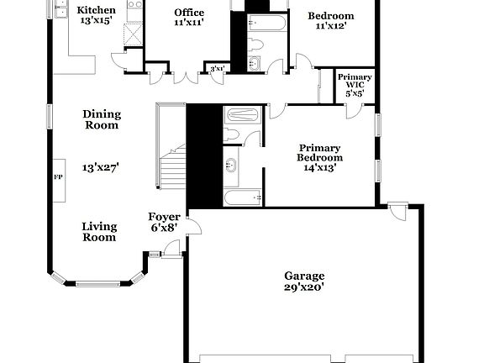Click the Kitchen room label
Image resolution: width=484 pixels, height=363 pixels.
click(x=96, y=10)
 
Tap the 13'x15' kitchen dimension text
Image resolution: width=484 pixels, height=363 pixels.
click(x=96, y=21)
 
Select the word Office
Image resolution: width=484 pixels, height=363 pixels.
click(x=189, y=13)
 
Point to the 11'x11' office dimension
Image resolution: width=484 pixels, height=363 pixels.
click(x=189, y=24)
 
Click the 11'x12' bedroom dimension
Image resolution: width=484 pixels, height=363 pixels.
click(x=330, y=27)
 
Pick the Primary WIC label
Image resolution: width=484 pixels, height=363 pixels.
click(x=355, y=81)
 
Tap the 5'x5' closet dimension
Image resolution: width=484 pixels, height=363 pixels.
click(x=355, y=94)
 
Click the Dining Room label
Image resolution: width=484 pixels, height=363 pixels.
click(x=101, y=119)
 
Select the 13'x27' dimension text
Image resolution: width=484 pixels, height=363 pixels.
click(x=101, y=167)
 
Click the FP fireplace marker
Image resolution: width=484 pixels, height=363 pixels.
click(x=58, y=177)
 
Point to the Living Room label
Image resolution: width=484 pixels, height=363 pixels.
click(x=99, y=232)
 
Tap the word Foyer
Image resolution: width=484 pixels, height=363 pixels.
click(x=164, y=217)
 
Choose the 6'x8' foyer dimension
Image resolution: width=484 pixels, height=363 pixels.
click(x=164, y=228)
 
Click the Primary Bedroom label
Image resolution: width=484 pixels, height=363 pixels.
click(x=320, y=153)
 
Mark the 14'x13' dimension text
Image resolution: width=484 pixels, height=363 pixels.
click(x=320, y=168)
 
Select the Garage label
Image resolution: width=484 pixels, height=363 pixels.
click(x=304, y=276)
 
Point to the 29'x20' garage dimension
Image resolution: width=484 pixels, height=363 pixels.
click(x=304, y=287)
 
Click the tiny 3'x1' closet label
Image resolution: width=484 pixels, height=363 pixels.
click(x=217, y=69)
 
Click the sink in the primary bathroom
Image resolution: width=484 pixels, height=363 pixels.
click(x=231, y=165)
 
